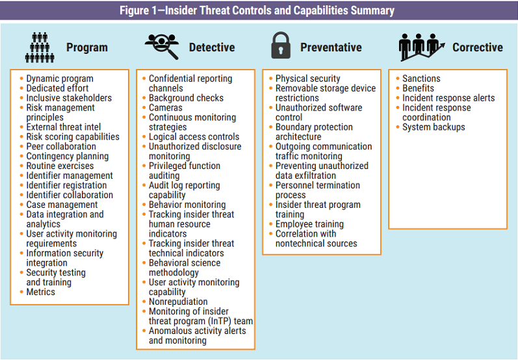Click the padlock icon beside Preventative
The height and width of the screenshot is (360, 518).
coord(280,46)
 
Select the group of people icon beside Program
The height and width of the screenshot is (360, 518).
coord(40,47)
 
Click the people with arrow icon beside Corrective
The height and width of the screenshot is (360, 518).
coord(421,47)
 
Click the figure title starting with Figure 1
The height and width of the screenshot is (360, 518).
coord(259,11)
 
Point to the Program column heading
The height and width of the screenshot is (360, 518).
coord(86,47)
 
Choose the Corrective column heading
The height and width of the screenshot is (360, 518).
coord(477,47)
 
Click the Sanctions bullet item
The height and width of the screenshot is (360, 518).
coord(421,79)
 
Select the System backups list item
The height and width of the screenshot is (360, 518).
coord(433,127)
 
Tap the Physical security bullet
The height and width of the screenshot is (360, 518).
coord(307,79)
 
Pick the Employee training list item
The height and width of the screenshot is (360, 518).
coord(309,224)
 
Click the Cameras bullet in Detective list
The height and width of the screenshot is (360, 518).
coord(165,108)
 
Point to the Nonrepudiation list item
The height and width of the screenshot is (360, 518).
coord(177,302)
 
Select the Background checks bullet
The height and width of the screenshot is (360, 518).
coord(185,98)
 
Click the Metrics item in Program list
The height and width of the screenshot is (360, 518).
coord(40,292)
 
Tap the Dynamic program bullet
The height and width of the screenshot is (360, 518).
coord(59,79)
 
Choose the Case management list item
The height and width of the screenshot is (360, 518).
coord(62,205)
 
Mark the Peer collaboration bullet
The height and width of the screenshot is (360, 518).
coord(60,147)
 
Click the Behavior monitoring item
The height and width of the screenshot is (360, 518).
coord(187,205)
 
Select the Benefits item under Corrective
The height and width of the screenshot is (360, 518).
coord(418,88)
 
